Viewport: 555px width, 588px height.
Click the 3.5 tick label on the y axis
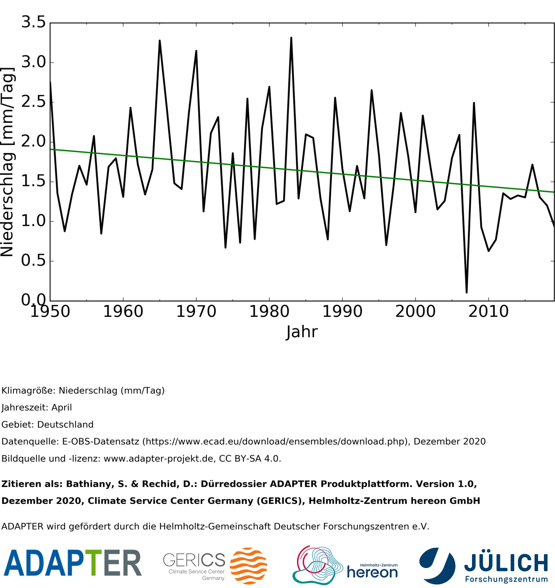(x=33, y=22)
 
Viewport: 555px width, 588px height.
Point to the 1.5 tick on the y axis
(x=33, y=182)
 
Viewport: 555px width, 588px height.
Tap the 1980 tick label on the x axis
(x=269, y=312)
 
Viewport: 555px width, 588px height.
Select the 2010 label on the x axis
(x=488, y=312)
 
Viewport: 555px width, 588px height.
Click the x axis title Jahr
(x=302, y=332)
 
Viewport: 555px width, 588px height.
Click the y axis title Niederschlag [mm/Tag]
(x=8, y=162)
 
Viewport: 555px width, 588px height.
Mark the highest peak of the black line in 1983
(x=291, y=38)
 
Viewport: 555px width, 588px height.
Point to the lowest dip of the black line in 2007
(x=466, y=292)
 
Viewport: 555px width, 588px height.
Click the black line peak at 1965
(x=160, y=40)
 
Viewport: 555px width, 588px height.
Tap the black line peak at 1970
(x=196, y=51)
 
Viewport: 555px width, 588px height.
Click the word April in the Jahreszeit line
(x=61, y=408)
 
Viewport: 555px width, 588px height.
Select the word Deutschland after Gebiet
(x=65, y=424)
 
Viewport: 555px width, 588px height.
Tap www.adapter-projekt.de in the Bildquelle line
(x=158, y=459)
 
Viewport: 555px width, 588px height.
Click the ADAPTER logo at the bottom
(x=72, y=563)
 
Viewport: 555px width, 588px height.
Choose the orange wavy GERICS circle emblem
(x=248, y=566)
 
